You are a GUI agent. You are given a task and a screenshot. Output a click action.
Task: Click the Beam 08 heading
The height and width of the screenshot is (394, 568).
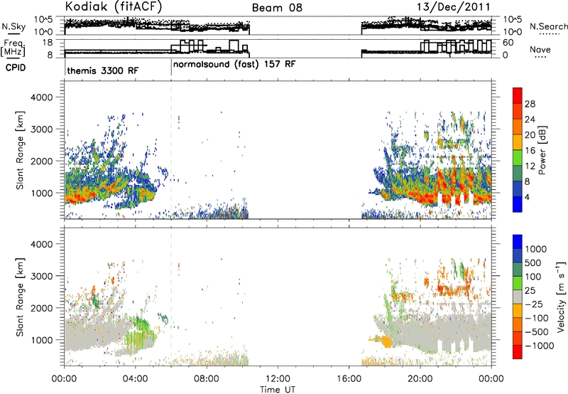[277, 8]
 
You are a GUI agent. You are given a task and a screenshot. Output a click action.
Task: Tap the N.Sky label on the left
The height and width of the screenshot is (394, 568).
[13, 26]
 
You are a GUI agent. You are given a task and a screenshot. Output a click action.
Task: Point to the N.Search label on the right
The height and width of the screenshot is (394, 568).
[548, 26]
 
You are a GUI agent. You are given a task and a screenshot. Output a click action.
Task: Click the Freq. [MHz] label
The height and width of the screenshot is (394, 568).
[14, 48]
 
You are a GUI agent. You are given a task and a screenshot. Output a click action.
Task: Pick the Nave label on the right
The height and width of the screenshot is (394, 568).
[540, 49]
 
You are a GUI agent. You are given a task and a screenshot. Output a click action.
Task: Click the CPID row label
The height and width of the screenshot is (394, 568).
[16, 68]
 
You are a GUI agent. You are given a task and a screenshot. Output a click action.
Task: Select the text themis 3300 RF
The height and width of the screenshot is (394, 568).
[102, 70]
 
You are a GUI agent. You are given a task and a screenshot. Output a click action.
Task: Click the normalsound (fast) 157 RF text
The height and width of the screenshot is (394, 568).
[234, 64]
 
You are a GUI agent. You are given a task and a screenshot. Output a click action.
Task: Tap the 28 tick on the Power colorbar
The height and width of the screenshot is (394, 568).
[530, 104]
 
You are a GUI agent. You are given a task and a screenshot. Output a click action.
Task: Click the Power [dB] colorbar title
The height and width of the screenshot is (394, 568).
[542, 150]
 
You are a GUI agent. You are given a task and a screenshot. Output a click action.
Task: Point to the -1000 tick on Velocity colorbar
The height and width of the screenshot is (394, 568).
[539, 346]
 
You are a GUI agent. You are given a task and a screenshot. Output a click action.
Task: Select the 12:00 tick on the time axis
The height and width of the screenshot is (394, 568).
[278, 379]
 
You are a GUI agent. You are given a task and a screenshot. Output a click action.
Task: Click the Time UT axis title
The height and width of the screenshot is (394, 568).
[278, 390]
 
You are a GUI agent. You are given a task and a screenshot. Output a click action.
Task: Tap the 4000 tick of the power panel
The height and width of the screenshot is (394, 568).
[43, 97]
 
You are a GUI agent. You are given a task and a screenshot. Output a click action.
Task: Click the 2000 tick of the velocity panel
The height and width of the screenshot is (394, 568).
[43, 308]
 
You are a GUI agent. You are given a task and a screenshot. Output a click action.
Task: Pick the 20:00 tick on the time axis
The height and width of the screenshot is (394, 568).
[420, 379]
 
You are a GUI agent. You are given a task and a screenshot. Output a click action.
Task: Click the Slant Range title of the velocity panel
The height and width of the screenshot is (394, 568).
[20, 297]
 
